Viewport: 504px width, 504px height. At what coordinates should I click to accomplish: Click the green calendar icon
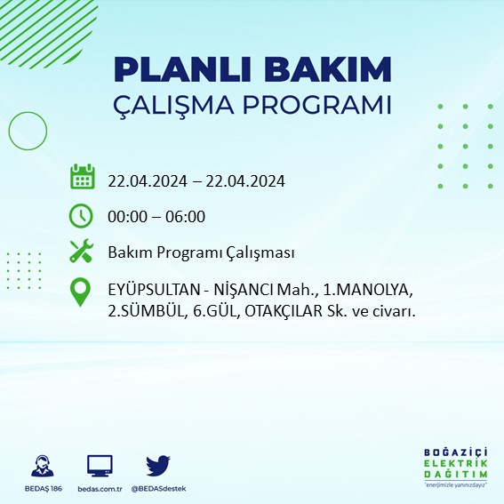click(82, 177)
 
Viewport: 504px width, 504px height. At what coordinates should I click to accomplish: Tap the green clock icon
click(82, 215)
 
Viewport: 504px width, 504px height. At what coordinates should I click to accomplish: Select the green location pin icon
click(82, 292)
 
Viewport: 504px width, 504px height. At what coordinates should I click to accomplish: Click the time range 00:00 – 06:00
click(156, 216)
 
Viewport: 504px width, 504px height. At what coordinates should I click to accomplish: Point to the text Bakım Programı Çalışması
click(201, 253)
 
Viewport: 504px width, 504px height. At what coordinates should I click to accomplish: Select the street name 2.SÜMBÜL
click(148, 311)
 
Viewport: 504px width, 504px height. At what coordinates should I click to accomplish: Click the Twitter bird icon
click(157, 465)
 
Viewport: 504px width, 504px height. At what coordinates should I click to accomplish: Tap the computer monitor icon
click(100, 465)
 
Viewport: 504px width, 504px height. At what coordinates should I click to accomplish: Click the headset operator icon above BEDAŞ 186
click(42, 465)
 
